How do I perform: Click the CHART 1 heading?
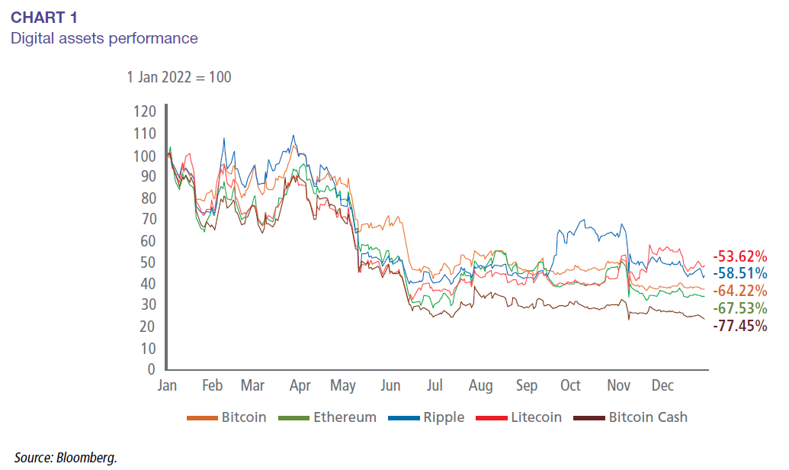pos(44,17)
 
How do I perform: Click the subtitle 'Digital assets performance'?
pos(104,37)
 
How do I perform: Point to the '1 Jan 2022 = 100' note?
pos(179,77)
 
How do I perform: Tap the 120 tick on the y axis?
pos(145,111)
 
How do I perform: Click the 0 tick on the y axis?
pos(152,369)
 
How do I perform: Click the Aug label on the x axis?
pos(482,386)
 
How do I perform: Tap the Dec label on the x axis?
pos(662,386)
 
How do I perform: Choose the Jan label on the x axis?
pos(167,386)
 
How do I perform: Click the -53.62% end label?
pos(739,256)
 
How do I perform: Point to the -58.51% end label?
pos(739,273)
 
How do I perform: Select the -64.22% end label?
pos(739,291)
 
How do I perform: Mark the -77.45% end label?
pos(739,326)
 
